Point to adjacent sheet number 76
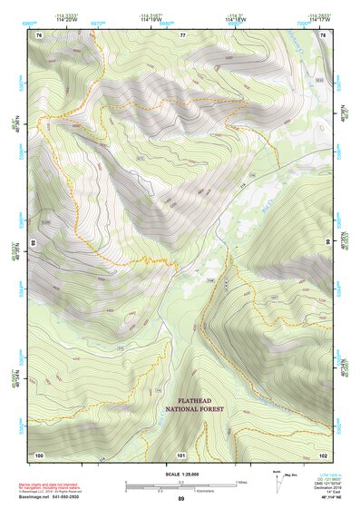[x=39, y=34]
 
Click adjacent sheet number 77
[x=182, y=34]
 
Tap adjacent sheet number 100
[x=39, y=454]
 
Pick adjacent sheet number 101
[x=180, y=454]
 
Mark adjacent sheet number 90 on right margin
[x=328, y=243]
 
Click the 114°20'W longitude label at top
[x=64, y=20]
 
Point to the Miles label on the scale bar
[x=240, y=482]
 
